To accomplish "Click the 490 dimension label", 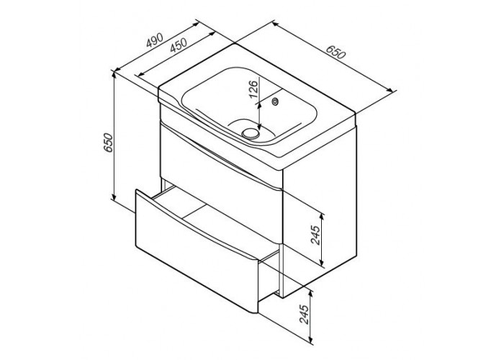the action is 155,40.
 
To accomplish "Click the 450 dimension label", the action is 179,45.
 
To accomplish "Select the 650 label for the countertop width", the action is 336,53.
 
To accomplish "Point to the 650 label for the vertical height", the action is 109,143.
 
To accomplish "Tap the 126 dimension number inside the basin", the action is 253,89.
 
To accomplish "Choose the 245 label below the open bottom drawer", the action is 303,314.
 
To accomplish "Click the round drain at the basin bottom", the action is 251,132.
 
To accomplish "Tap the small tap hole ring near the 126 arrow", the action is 276,102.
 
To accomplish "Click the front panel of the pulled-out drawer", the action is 197,251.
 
